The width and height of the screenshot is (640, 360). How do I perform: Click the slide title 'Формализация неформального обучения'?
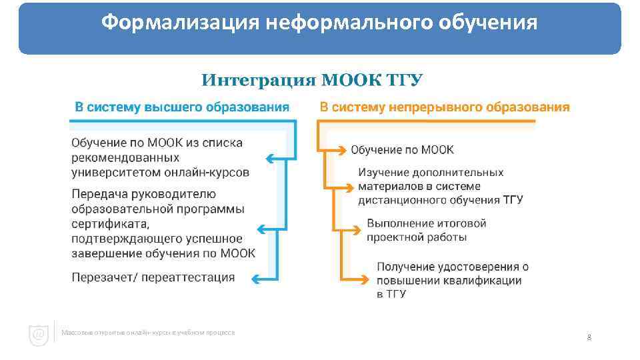click(x=319, y=23)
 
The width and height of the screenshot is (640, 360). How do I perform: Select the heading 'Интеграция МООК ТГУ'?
click(x=312, y=81)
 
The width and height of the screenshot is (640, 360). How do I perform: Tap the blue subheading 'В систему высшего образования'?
click(x=181, y=107)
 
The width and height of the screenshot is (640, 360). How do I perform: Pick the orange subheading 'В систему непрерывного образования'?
click(x=445, y=107)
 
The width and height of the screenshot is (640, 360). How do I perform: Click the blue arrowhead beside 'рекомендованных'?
click(x=270, y=159)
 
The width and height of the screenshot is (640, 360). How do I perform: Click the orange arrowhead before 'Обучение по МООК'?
click(x=341, y=149)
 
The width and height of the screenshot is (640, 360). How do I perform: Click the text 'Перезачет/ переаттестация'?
click(x=153, y=277)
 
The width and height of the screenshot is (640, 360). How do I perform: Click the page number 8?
click(x=589, y=337)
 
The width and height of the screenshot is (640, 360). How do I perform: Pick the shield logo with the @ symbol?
click(x=39, y=334)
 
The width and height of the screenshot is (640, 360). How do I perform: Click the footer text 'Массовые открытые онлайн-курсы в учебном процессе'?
click(x=147, y=332)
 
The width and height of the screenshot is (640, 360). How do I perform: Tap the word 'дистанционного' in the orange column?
click(x=402, y=200)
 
